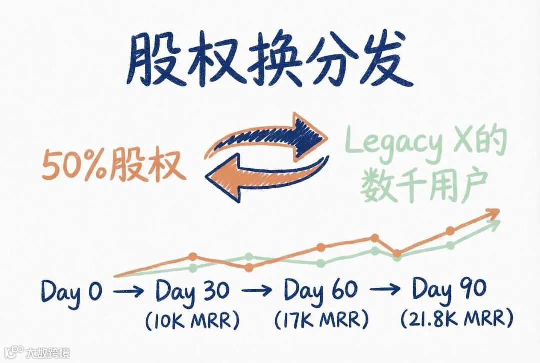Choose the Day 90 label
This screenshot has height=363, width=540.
click(x=449, y=291)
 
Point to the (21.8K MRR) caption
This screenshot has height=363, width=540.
click(x=456, y=319)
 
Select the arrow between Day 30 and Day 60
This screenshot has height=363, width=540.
click(x=257, y=290)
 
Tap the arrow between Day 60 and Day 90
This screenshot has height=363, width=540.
click(x=385, y=290)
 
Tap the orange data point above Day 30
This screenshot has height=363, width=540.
click(x=193, y=257)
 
